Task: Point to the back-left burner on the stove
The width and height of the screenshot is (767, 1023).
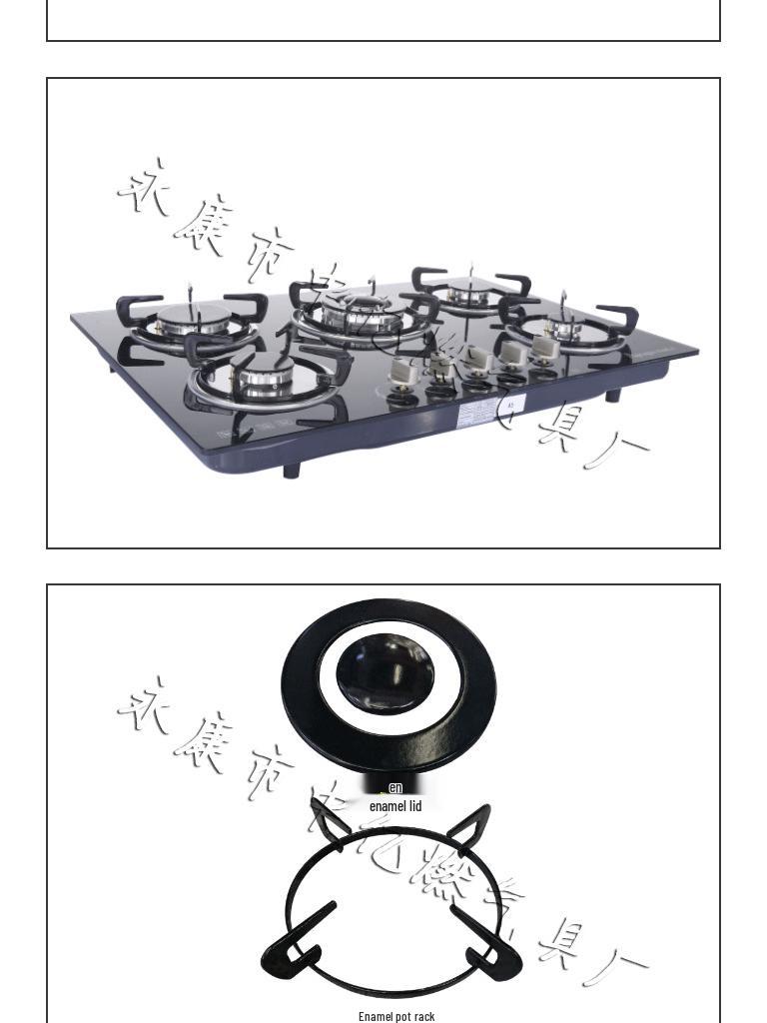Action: pyautogui.click(x=192, y=323)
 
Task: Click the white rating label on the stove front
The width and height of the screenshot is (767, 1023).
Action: pyautogui.click(x=479, y=413)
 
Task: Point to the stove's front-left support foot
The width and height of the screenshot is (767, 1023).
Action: pyautogui.click(x=291, y=470)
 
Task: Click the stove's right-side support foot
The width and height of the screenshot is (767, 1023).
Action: pyautogui.click(x=612, y=395)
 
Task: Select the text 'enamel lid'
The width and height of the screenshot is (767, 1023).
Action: pyautogui.click(x=395, y=806)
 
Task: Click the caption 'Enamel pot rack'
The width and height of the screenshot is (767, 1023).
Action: pyautogui.click(x=396, y=1016)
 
